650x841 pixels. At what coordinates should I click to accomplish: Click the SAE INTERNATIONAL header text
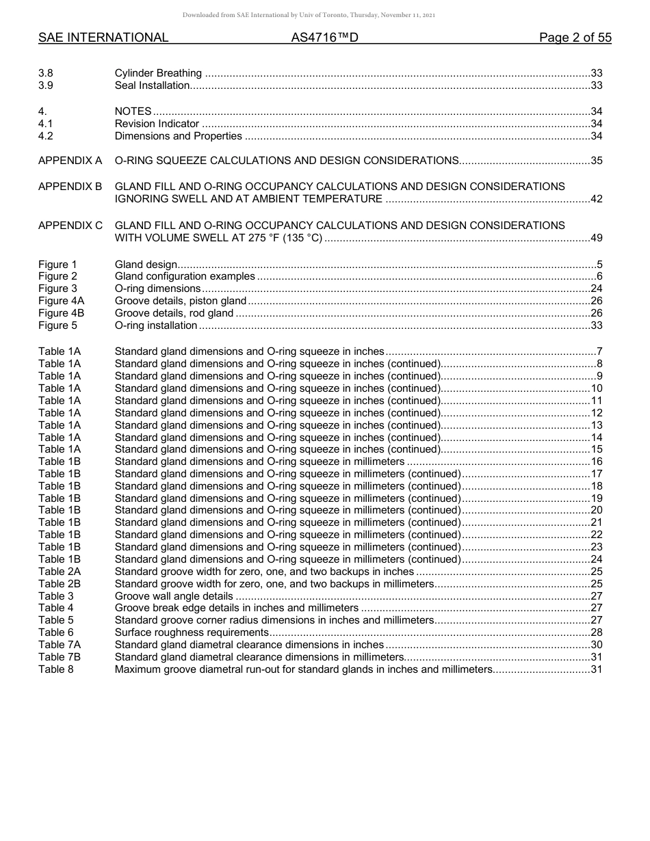(x=103, y=38)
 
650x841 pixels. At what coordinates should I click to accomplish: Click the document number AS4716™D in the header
(x=324, y=38)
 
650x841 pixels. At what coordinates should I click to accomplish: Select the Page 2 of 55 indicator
(x=575, y=38)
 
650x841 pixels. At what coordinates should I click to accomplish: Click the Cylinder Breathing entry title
(x=158, y=73)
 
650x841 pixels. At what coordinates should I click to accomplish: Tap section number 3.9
(x=46, y=85)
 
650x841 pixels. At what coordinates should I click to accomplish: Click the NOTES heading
(x=133, y=111)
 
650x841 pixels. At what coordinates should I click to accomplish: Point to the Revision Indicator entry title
(x=157, y=124)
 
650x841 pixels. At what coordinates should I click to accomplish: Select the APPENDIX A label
(x=70, y=161)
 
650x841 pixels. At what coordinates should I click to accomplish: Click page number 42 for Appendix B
(x=596, y=199)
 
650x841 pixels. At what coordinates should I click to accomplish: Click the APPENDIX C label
(x=70, y=225)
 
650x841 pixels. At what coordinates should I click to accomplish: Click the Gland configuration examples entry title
(x=185, y=276)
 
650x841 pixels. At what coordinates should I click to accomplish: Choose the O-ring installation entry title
(x=156, y=325)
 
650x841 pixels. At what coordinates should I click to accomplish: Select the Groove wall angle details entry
(x=174, y=596)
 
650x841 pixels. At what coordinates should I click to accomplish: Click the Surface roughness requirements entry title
(x=191, y=632)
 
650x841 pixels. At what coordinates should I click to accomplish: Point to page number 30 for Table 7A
(x=596, y=645)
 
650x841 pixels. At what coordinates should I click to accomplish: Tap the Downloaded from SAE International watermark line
(x=309, y=15)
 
